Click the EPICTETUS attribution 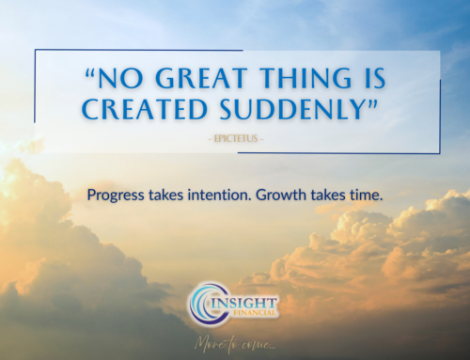[x=235, y=140]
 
